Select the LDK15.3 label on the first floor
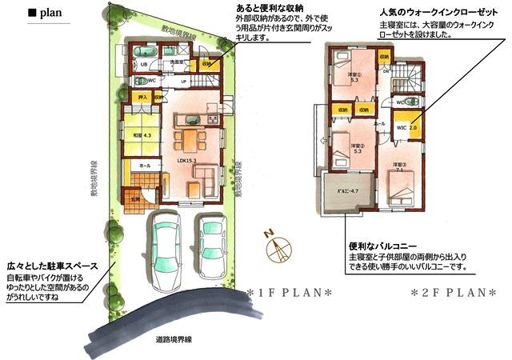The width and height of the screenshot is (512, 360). click(x=186, y=160)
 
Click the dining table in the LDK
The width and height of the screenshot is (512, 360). click(x=187, y=140)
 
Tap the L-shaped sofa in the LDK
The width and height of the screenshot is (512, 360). click(x=201, y=175)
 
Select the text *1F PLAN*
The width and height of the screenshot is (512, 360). click(x=290, y=292)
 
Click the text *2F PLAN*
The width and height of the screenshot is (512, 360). click(x=453, y=292)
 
